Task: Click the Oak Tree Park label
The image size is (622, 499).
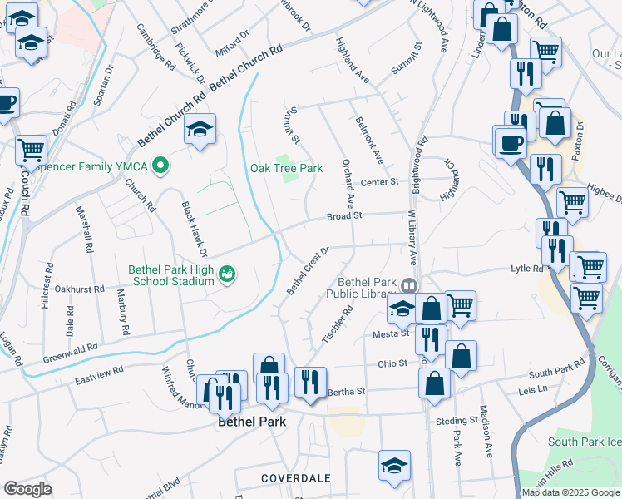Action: click(286, 168)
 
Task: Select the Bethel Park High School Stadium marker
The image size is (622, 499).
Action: click(225, 274)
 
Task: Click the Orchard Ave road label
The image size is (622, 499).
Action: click(349, 182)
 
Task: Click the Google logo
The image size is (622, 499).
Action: click(28, 489)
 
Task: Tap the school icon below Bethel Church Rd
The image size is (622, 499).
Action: click(200, 131)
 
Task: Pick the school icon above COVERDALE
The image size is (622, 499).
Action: click(394, 467)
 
